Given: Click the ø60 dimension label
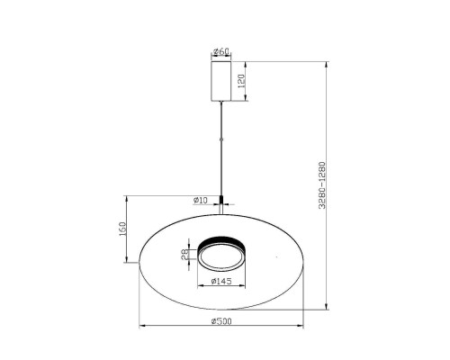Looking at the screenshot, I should [x=221, y=51].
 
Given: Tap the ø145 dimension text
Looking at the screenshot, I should [x=221, y=283].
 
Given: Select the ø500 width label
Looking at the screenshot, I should [x=221, y=321].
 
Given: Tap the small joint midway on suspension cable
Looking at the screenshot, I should [x=221, y=139].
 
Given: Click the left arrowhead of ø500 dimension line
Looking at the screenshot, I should [x=140, y=325].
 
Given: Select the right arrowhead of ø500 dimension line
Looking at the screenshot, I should [x=302, y=325].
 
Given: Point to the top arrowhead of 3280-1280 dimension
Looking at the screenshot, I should [x=328, y=63].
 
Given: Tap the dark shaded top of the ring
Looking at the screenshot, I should [x=221, y=240].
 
